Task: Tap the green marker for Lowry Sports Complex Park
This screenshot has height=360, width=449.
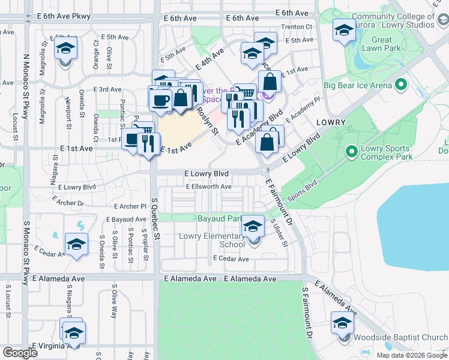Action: coord(352,153)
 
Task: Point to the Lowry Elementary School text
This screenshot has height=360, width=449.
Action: coord(212,241)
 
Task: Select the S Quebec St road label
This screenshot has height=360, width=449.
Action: coord(155,228)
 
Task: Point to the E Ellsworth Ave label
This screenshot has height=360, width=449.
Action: coord(208,187)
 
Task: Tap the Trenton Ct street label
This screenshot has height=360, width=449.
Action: coord(300,26)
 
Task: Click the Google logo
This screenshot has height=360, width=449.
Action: coord(20,353)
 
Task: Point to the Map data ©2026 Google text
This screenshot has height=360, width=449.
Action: coord(411,355)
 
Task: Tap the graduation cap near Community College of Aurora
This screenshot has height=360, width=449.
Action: coord(344,30)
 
